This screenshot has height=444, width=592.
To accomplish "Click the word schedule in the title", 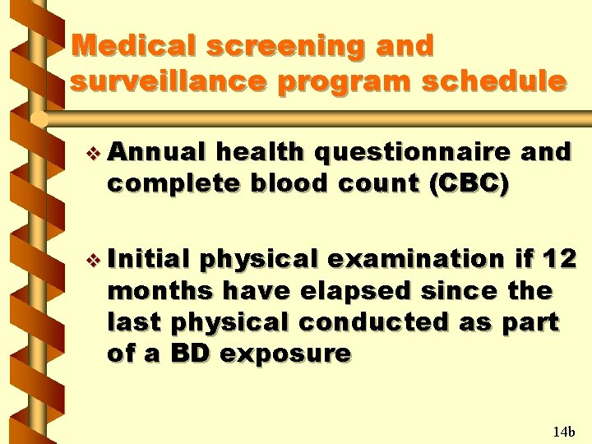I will click(506, 81).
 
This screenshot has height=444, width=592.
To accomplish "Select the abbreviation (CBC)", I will click(467, 183).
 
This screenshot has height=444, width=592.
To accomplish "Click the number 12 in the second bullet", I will click(561, 259).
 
